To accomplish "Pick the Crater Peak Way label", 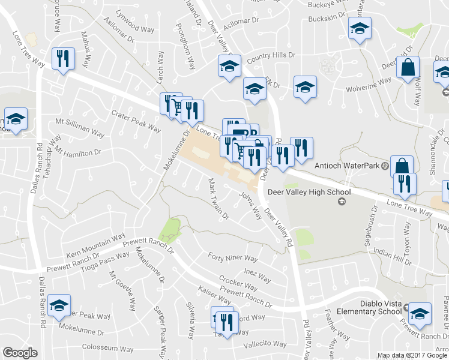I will [136, 121].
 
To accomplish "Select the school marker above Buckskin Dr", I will [360, 28].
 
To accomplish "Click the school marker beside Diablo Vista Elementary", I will [420, 313].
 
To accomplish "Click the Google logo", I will [20, 353].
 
